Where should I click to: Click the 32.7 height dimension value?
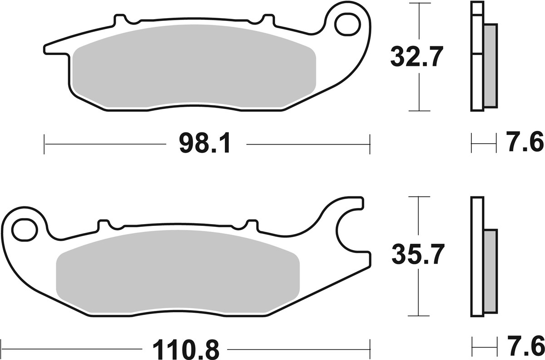pos(416,57)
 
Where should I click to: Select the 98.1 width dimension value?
pos(205,145)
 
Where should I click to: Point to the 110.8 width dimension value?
pos(186,350)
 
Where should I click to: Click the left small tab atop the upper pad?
pos(120,20)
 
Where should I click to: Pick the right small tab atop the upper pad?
pos(268,20)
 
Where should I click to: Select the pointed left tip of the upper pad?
pos(48,48)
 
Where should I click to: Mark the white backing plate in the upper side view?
pos(476,82)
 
